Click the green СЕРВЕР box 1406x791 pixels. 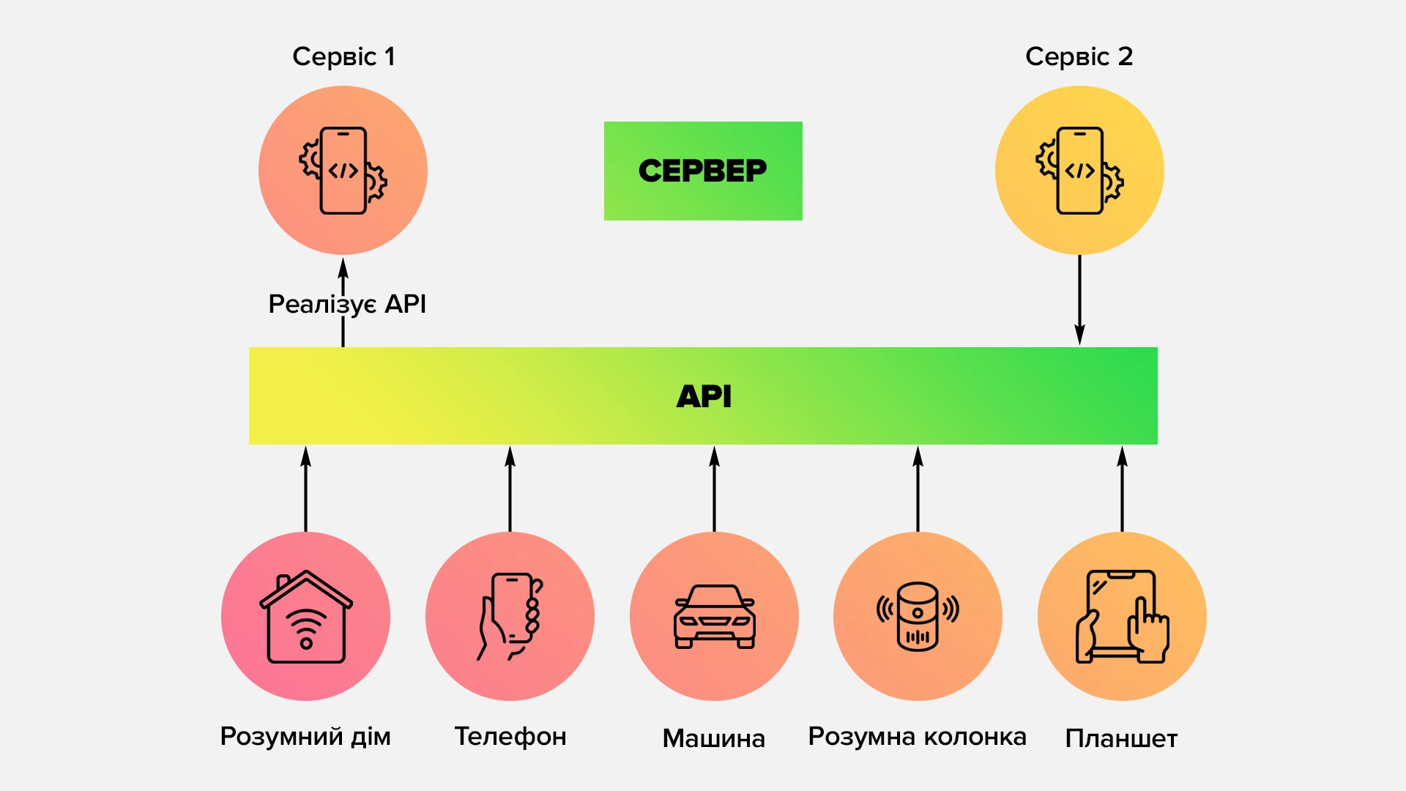pos(703,171)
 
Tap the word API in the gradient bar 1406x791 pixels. pos(704,396)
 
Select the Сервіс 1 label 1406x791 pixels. pos(343,56)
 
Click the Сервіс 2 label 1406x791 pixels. pos(1079,56)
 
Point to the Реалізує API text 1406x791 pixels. pos(347,304)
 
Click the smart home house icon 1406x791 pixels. pos(306,617)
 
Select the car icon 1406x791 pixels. pos(714,617)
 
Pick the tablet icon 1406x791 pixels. pos(1122,617)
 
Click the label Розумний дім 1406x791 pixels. pos(305,737)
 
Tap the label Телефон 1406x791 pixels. pos(510,737)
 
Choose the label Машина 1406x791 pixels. pos(714,738)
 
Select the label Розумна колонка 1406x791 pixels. pos(917,737)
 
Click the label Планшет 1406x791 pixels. pos(1121,738)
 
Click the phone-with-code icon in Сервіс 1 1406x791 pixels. pos(343,171)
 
